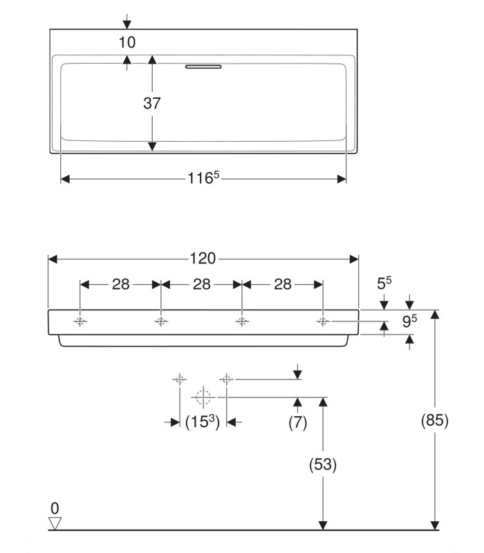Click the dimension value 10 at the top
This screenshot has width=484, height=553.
[x=127, y=42]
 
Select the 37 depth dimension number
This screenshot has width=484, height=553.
[x=152, y=104]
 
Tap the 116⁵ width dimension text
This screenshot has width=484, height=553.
[x=203, y=178]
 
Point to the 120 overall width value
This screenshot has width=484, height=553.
[x=203, y=259]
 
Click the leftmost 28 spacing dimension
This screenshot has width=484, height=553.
[x=121, y=284]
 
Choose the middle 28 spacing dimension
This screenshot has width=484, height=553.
[x=202, y=284]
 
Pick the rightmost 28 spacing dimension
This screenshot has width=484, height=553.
[x=282, y=284]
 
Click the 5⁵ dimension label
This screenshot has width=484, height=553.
[x=384, y=283]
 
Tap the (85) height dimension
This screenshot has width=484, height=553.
[x=434, y=420]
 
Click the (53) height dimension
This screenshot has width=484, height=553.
[x=322, y=465]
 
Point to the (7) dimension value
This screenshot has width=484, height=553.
[x=297, y=422]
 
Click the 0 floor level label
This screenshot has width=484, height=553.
[x=55, y=509]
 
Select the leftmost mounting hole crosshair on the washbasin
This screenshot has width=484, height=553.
[x=80, y=321]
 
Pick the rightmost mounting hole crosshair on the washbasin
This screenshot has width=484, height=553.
[x=322, y=321]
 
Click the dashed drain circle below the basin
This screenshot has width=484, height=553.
[x=203, y=397]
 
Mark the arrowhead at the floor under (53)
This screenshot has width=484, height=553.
[x=322, y=525]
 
